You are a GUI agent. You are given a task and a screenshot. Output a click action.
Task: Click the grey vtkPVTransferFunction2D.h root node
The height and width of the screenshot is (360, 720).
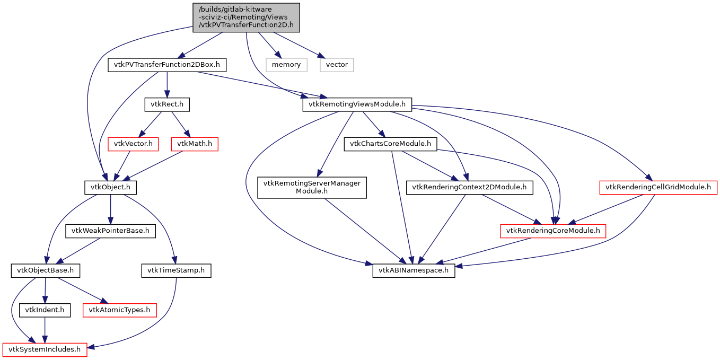(245, 17)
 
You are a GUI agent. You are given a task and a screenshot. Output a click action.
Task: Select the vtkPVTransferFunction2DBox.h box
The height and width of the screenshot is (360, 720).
(167, 65)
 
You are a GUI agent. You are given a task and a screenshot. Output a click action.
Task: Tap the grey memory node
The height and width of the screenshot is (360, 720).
(286, 65)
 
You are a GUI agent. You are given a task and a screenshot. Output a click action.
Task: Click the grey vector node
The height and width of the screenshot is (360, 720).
(337, 65)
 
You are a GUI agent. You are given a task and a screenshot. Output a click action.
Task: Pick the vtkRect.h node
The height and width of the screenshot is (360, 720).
(167, 104)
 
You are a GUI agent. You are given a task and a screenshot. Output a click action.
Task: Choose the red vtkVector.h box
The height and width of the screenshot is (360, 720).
(133, 144)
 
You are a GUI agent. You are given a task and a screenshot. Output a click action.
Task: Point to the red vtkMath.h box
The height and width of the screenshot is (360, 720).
(194, 144)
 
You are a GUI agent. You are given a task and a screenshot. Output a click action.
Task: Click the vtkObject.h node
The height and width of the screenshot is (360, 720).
(110, 187)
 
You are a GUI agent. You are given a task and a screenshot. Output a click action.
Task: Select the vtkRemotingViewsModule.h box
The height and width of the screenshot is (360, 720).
(357, 104)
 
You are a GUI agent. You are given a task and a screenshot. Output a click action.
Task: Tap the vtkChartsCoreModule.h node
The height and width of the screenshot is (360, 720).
(390, 144)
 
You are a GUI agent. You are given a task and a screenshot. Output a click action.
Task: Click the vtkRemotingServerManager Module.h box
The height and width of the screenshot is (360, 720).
(312, 187)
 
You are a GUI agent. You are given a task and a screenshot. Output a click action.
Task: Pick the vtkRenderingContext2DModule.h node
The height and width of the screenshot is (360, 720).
(466, 187)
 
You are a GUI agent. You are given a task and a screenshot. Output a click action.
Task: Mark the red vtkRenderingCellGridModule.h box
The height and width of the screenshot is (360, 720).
(658, 187)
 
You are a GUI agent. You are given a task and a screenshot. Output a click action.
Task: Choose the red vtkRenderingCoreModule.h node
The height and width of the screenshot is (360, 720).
(553, 231)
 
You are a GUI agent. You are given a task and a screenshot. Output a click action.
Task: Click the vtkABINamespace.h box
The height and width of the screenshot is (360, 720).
(414, 270)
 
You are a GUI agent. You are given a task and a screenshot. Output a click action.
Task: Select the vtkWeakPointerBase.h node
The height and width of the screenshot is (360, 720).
(110, 231)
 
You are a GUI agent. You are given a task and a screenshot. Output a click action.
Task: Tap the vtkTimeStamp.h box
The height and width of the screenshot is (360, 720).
(176, 270)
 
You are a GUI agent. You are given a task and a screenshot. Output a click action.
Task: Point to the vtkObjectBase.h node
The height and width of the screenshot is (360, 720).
(46, 270)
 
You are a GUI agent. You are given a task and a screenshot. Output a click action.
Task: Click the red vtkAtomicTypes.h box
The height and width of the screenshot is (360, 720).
(119, 310)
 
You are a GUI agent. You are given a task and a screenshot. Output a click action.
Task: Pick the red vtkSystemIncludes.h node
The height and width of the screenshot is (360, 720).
(45, 349)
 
